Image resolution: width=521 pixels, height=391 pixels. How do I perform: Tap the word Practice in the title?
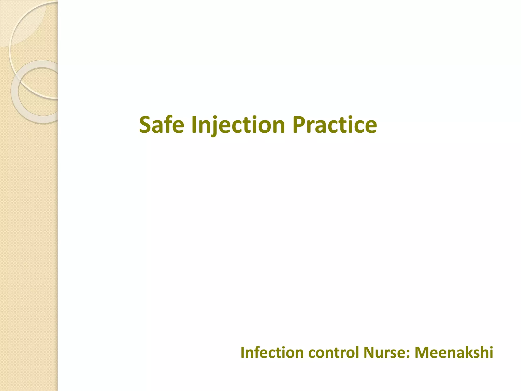[335, 125]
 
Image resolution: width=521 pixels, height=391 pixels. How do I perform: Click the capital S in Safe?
[146, 125]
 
